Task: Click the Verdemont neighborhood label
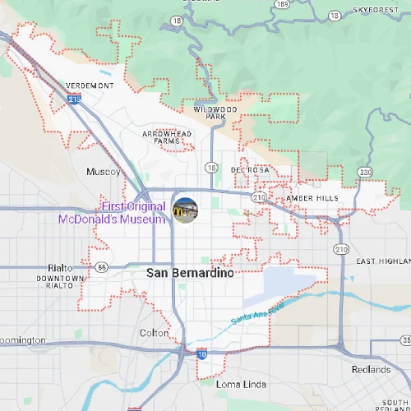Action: [x=90, y=85]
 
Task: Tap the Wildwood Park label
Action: [x=215, y=113]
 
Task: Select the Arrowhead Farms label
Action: [x=167, y=136]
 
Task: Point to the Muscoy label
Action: [x=104, y=172]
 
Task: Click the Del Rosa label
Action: [x=250, y=170]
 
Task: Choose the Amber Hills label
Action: [x=312, y=198]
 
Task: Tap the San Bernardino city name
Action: [x=190, y=272]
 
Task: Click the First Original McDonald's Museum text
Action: [x=112, y=212]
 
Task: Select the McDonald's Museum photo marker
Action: [x=185, y=210]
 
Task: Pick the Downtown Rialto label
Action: [x=59, y=282]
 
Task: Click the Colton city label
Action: [x=154, y=333]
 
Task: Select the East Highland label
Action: [x=382, y=261]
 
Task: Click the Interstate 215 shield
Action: [x=75, y=99]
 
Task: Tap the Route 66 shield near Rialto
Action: [x=101, y=267]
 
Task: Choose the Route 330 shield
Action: [x=364, y=172]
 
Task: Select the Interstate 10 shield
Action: [x=202, y=354]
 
